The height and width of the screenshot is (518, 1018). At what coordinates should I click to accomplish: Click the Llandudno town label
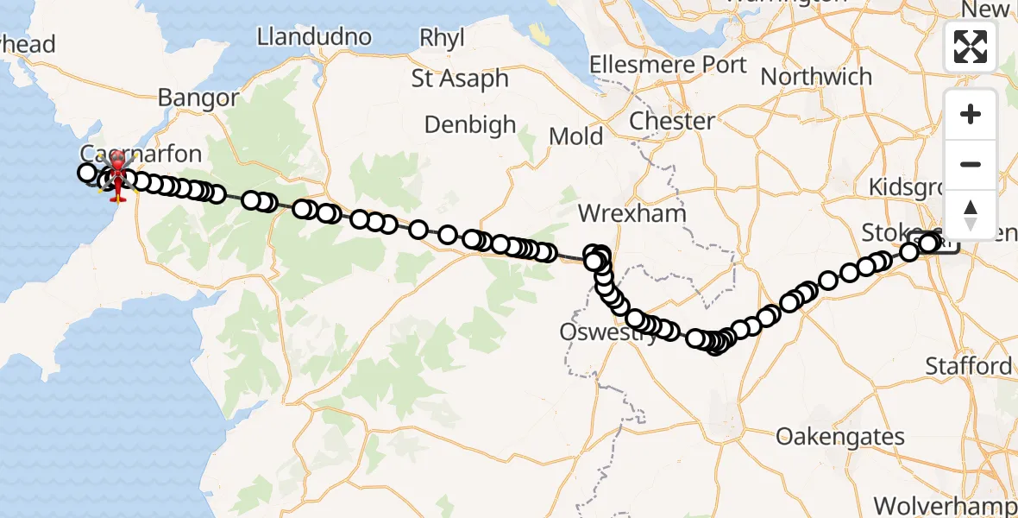pos(315,36)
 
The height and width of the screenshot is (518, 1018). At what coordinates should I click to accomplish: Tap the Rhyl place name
pos(442,38)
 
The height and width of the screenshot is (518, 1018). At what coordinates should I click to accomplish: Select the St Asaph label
pos(460,78)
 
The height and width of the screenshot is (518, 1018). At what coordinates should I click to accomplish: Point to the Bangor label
pos(198,98)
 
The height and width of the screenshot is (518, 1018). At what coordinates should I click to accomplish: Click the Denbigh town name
pos(470,124)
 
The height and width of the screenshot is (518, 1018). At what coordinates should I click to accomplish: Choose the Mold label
pos(576,136)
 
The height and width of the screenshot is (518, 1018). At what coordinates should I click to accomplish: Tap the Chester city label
pos(672,121)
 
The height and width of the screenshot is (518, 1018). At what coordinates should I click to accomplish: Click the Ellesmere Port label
pos(668,65)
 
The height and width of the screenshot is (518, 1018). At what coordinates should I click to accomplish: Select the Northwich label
pos(816,76)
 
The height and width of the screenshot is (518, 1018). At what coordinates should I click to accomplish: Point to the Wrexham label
pos(632,213)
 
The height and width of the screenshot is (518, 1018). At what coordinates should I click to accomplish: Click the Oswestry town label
pos(609,332)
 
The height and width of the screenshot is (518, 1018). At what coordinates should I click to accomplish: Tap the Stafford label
pos(969,366)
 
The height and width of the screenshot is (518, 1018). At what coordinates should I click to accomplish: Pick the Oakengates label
pos(840,436)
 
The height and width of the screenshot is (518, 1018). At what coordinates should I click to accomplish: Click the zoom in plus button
pos(971,115)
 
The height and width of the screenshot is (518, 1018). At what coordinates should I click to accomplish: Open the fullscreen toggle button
pos(971,47)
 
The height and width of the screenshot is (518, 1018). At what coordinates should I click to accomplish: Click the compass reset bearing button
pos(971,213)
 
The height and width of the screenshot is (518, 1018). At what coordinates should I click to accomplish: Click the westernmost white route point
pos(87,174)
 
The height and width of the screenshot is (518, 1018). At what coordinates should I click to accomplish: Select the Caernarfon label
pos(141,155)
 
